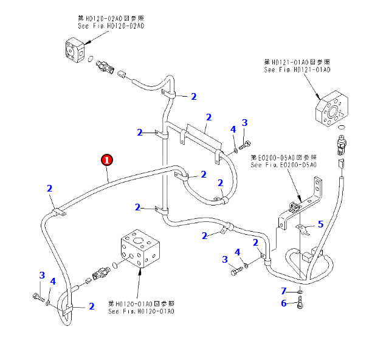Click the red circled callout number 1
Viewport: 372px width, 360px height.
(x=106, y=160)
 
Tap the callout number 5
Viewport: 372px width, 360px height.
(x=320, y=224)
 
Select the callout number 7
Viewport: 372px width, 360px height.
(x=283, y=291)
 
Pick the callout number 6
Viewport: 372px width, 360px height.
(x=283, y=303)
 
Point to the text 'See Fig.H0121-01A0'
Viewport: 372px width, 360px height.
(x=297, y=70)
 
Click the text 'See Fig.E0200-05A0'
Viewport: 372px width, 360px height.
(x=283, y=165)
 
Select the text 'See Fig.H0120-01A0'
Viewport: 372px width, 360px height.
(x=141, y=311)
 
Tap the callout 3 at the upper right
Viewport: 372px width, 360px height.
(x=245, y=123)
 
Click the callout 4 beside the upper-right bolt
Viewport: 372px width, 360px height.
(x=233, y=129)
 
